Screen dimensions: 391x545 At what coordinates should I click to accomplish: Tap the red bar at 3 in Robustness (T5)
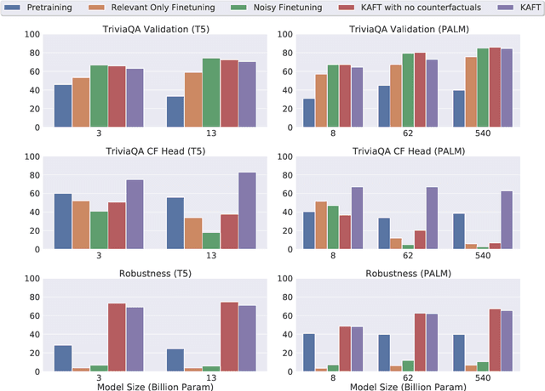tap(117, 337)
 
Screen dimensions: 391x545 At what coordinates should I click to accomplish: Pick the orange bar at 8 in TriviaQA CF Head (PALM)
tap(321, 225)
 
